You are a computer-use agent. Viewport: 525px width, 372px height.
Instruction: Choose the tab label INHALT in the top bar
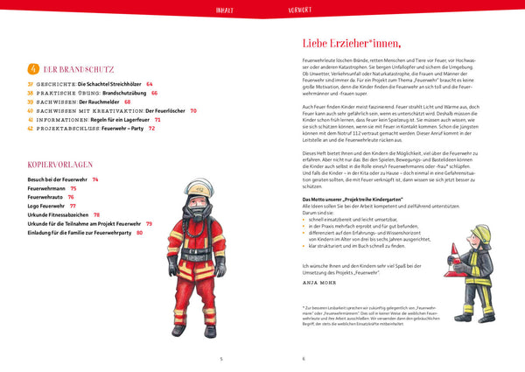[x=224, y=11]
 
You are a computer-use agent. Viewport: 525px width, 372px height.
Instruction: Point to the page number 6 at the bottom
[x=303, y=358]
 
